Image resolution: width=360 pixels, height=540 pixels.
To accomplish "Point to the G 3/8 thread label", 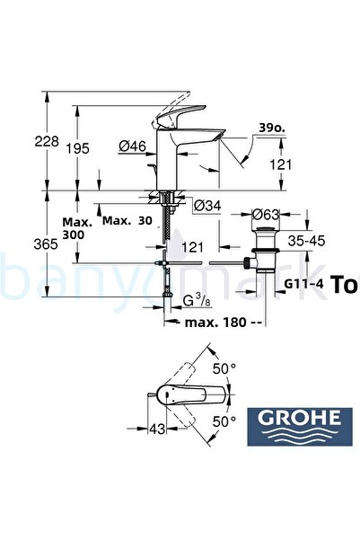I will (x=193, y=299).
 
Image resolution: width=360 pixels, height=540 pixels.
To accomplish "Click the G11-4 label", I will (x=303, y=285).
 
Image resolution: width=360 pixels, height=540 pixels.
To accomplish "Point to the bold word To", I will (x=345, y=285).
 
